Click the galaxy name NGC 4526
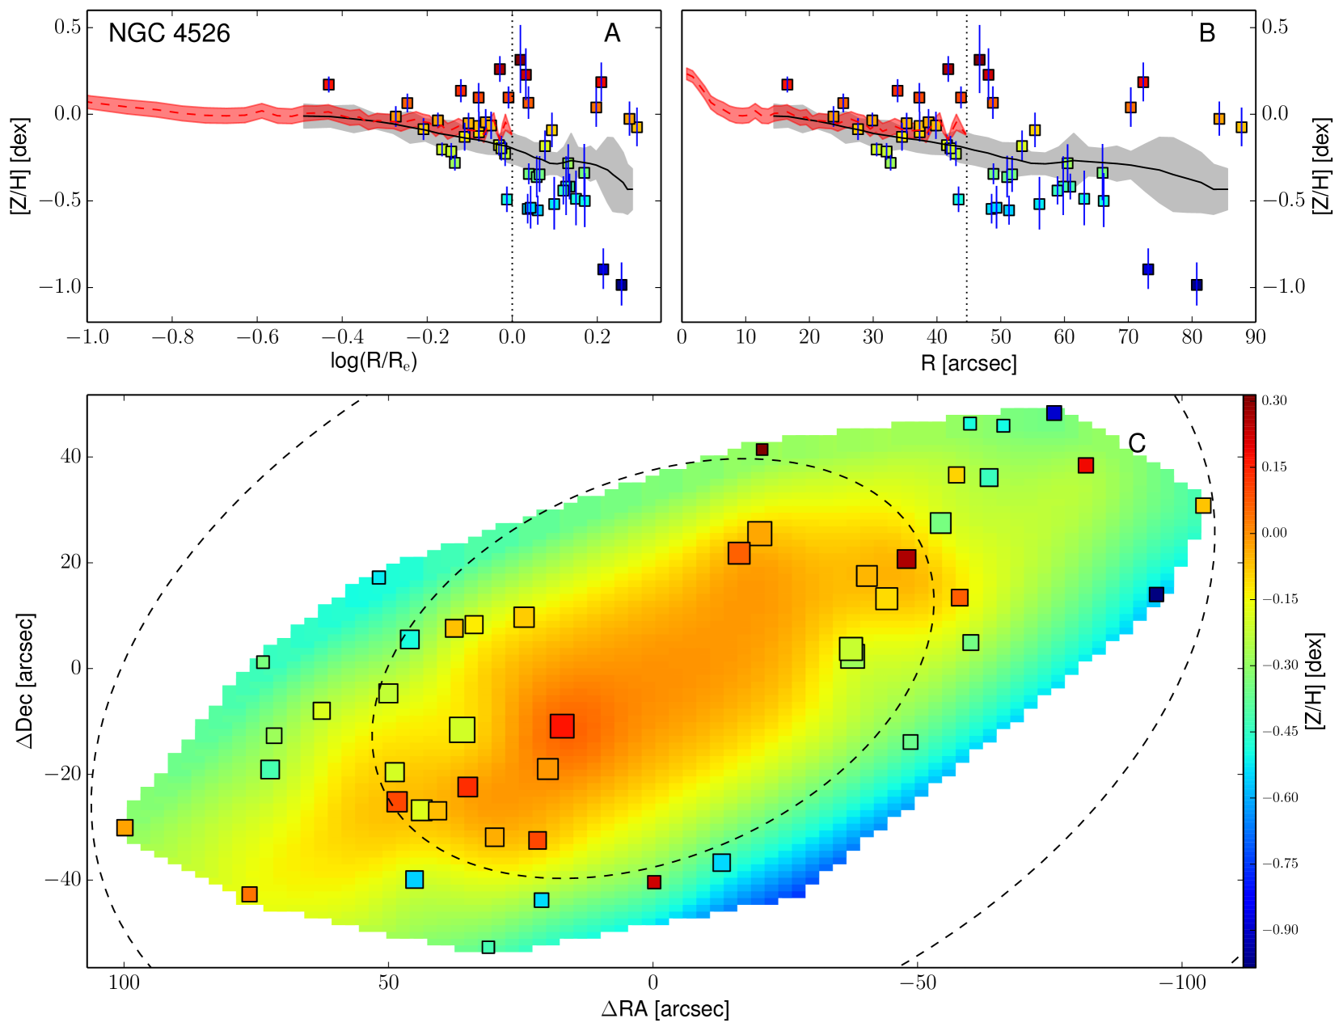tap(169, 33)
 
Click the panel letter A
tap(612, 33)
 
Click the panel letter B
tap(1206, 33)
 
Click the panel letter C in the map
tap(1137, 443)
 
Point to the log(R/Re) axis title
tap(374, 361)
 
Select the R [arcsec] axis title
tap(969, 363)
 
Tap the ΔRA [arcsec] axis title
tap(665, 1008)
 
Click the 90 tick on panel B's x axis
tap(1255, 336)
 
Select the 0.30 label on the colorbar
tap(1273, 401)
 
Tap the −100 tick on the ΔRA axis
tap(1184, 983)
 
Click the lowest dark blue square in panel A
tap(621, 285)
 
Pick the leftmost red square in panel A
tap(328, 85)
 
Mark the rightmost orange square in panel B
tap(1241, 127)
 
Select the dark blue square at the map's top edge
tap(1054, 413)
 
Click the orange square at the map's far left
tap(125, 827)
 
